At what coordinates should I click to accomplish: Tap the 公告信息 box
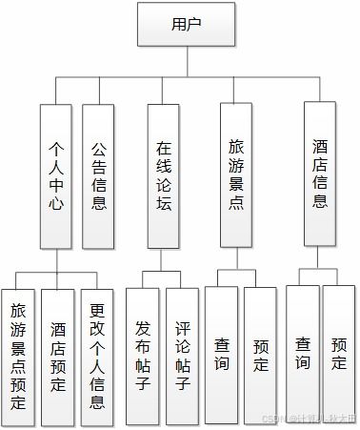[98, 177]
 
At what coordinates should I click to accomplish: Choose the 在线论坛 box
[165, 177]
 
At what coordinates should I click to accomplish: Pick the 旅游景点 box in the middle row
[238, 177]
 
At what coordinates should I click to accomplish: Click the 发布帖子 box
[143, 355]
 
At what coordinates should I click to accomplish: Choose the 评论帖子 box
[183, 355]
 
